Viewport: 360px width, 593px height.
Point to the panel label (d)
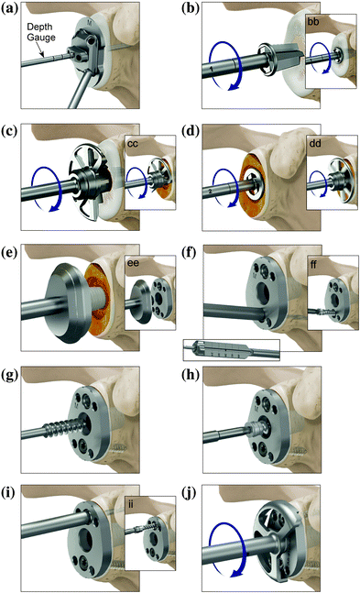[194, 132]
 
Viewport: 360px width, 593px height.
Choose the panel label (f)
[193, 251]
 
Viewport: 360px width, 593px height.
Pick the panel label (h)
[194, 368]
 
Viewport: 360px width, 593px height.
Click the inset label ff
[317, 265]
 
